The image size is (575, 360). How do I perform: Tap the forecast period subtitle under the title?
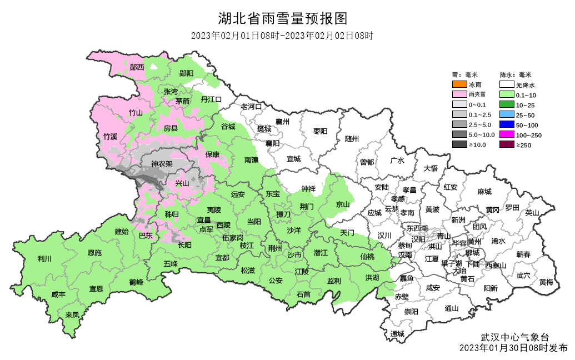pos(282,36)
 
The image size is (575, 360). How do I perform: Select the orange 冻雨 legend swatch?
pos(459,85)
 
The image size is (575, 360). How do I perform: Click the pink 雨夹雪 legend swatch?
pos(459,95)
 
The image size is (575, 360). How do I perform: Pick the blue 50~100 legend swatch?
pos(506,125)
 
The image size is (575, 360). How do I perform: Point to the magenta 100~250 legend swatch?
pos(506,135)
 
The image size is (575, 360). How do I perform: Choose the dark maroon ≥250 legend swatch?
pos(506,145)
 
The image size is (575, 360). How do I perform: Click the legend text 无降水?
pos(526,86)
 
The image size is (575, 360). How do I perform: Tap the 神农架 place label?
pos(162,164)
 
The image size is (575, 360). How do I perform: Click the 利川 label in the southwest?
pos(44,259)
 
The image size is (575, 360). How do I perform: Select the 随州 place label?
pos(352,138)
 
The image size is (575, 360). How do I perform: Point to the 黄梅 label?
pos(546,282)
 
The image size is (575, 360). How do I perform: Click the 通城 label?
pos(397,334)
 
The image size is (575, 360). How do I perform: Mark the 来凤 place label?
pos(72,315)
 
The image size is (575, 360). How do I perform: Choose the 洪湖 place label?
pos(372,277)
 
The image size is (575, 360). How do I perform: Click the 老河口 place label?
pos(251,106)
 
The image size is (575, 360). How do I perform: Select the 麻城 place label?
pos(484,192)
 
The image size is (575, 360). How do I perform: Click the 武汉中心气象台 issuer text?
pos(514,337)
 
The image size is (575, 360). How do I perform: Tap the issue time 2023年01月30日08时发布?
pos(514,348)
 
